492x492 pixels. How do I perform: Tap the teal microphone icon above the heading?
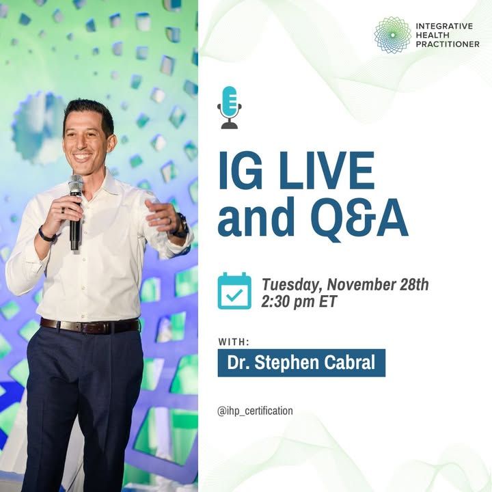230,107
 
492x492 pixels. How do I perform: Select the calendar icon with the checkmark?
234,291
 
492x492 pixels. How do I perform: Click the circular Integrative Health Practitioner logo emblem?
392,35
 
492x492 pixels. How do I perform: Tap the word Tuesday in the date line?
292,285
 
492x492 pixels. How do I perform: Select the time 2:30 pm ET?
299,302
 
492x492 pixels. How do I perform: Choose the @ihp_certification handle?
255,411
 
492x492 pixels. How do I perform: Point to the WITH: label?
234,342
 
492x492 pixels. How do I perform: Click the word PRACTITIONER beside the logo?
448,44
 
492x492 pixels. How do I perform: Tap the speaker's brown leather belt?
90,327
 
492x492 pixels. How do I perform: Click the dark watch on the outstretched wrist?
180,226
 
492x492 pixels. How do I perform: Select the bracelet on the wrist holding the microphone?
47,235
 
